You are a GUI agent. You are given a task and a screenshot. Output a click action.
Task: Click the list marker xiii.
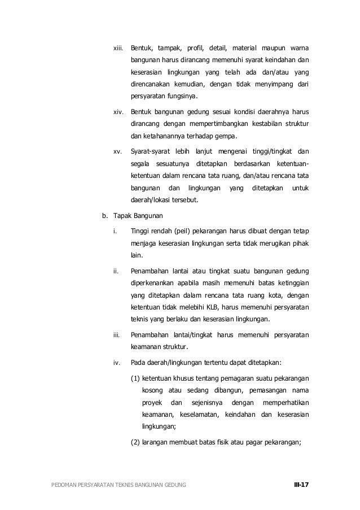pyautogui.click(x=118, y=44)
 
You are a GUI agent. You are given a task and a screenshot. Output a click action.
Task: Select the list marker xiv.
pyautogui.click(x=118, y=107)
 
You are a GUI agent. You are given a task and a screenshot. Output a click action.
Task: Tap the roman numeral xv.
pyautogui.click(x=118, y=151)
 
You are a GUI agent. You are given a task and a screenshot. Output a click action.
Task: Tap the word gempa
pyautogui.click(x=226, y=137)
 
